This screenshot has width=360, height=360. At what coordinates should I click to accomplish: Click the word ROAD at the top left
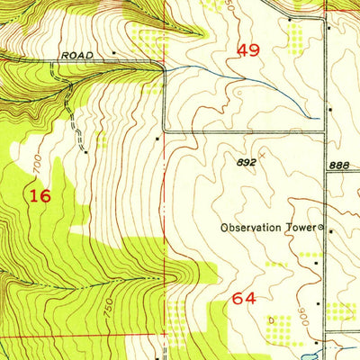(x=77, y=55)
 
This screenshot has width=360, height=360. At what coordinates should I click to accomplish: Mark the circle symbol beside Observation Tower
(x=322, y=228)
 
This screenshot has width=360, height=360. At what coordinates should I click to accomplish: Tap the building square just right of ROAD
(x=115, y=54)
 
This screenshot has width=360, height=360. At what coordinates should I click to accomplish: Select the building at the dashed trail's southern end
(x=85, y=151)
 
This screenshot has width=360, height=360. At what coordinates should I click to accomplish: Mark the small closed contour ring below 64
(x=270, y=320)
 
